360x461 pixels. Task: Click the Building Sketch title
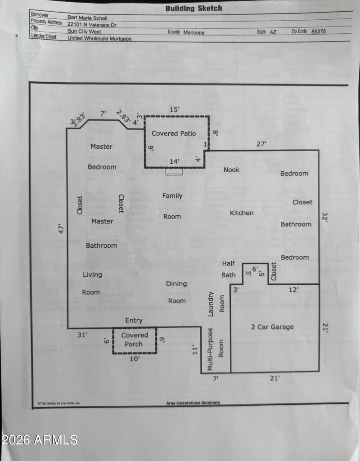tap(193, 8)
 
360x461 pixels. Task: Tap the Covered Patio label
tap(174, 134)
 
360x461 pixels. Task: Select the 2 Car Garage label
tap(272, 327)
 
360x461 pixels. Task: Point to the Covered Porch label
tap(135, 340)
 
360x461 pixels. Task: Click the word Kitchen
tap(242, 213)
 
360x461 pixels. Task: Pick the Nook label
tap(232, 170)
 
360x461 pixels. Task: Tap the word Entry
tap(134, 320)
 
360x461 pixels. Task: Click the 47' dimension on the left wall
tap(62, 228)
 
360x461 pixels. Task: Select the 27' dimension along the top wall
tap(261, 144)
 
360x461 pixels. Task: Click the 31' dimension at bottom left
tap(82, 335)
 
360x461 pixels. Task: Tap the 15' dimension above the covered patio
tap(174, 110)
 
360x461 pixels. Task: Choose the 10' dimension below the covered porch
tap(134, 359)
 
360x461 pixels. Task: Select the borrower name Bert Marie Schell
tap(88, 18)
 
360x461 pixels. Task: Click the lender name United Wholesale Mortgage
tap(99, 38)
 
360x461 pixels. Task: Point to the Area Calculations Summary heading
tap(193, 403)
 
